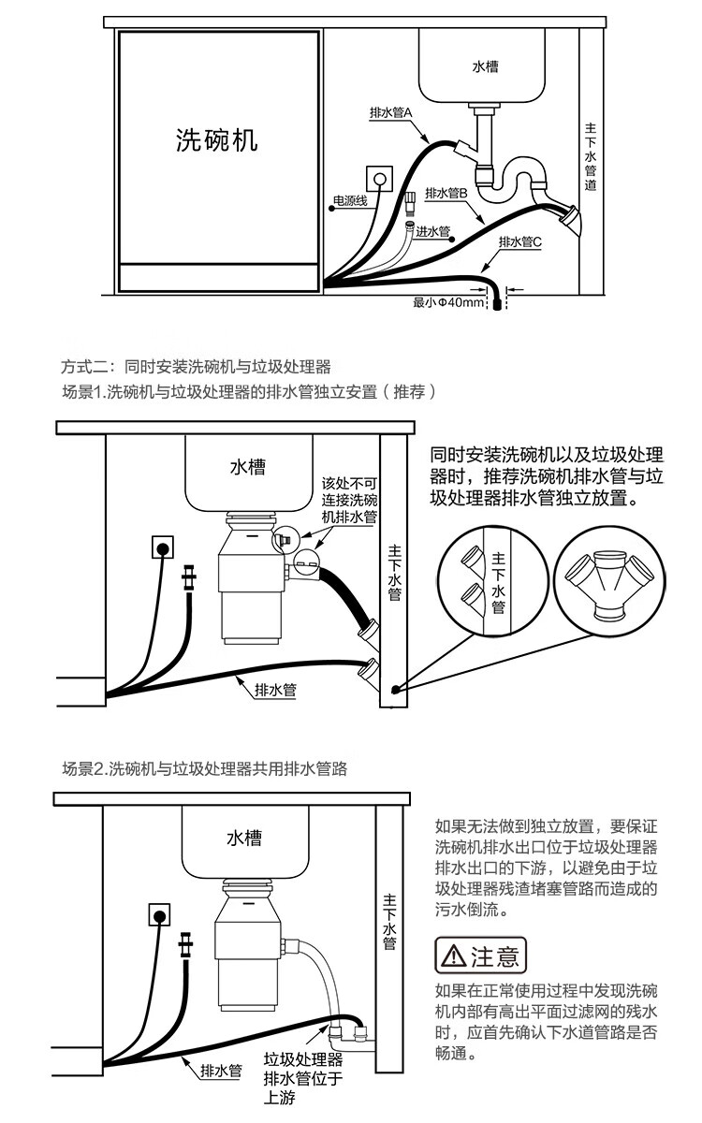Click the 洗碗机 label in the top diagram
click(217, 140)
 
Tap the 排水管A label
click(397, 113)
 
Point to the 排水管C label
click(519, 242)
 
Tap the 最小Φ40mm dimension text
click(449, 302)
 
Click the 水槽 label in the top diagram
click(485, 67)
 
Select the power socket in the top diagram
click(379, 177)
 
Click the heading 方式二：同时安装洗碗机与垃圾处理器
click(197, 366)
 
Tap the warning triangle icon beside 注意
click(453, 956)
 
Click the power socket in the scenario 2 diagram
click(161, 914)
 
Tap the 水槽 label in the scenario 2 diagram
click(244, 839)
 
